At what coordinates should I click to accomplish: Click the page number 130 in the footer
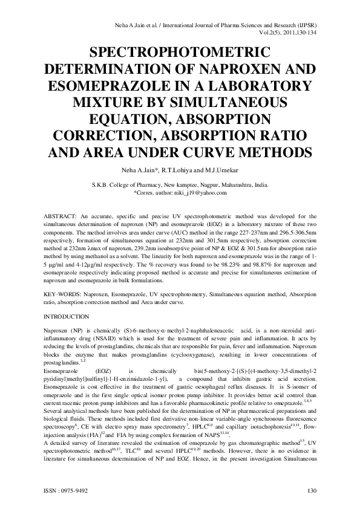point(312,490)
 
